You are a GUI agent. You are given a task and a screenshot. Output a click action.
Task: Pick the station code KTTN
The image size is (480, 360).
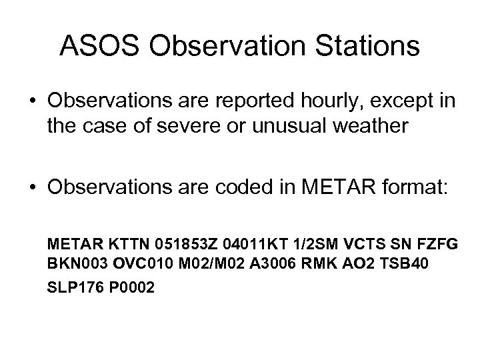tap(122, 245)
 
